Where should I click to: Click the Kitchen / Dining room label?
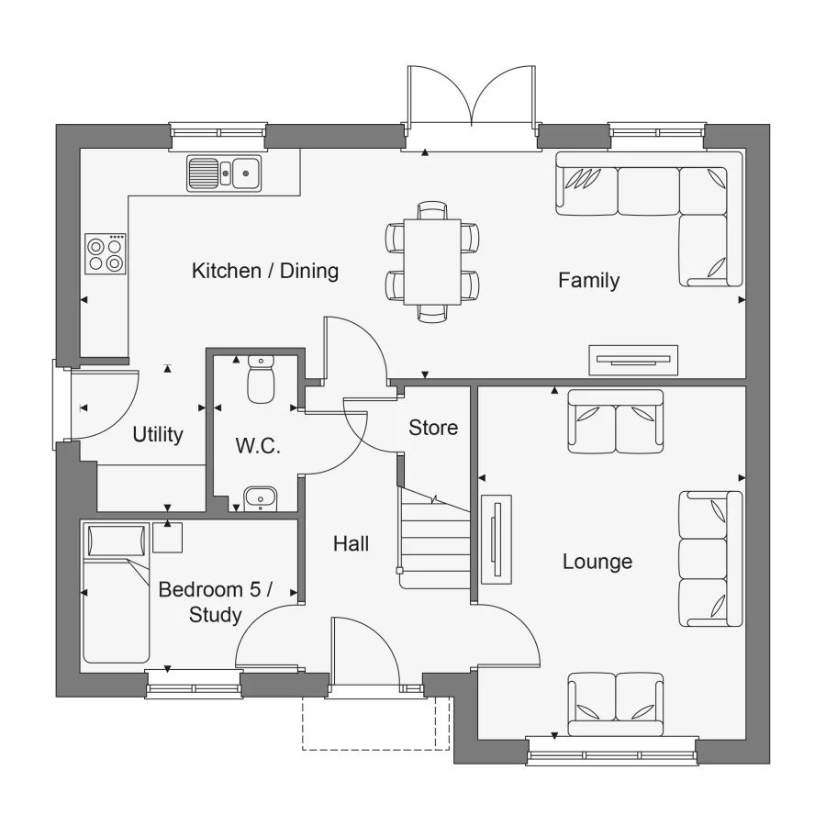pyautogui.click(x=264, y=271)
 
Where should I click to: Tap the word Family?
pyautogui.click(x=588, y=281)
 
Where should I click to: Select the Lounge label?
pyautogui.click(x=597, y=561)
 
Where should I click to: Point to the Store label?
pyautogui.click(x=433, y=428)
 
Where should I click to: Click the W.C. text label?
pyautogui.click(x=257, y=447)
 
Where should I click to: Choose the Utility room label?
pyautogui.click(x=158, y=435)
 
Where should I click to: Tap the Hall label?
pyautogui.click(x=351, y=544)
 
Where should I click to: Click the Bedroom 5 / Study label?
pyautogui.click(x=215, y=602)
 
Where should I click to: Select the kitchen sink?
pyautogui.click(x=224, y=173)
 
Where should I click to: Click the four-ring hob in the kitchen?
pyautogui.click(x=106, y=253)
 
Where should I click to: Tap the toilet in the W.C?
pyautogui.click(x=261, y=381)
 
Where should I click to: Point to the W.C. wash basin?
pyautogui.click(x=261, y=499)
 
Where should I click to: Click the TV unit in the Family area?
pyautogui.click(x=633, y=360)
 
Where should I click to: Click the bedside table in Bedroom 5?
pyautogui.click(x=167, y=537)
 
